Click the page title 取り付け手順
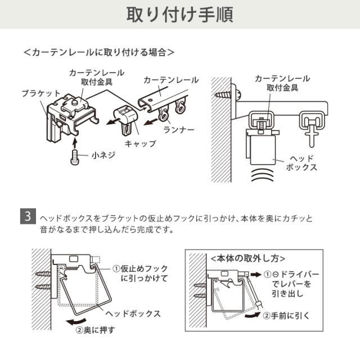(x=179, y=15)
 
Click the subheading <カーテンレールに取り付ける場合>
(x=99, y=52)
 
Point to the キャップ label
(x=140, y=143)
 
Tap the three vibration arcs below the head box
(x=262, y=175)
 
